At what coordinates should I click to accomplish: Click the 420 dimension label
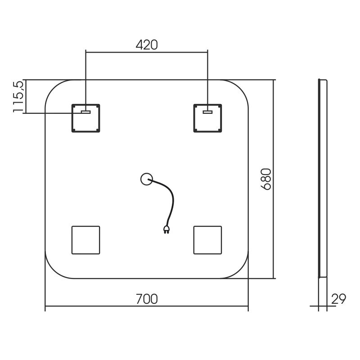point(147,45)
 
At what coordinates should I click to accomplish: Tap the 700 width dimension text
point(147,299)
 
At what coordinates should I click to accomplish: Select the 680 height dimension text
point(266,179)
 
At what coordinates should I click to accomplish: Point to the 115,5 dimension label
point(18,96)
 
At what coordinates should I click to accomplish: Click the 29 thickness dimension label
point(338,299)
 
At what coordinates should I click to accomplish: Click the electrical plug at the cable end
point(166,229)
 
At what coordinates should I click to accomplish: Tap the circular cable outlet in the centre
point(147,179)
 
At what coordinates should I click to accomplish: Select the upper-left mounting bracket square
point(85,118)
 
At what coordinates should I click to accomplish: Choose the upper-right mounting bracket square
point(207,118)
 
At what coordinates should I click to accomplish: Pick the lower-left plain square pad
point(85,240)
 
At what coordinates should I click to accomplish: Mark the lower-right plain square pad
point(207,240)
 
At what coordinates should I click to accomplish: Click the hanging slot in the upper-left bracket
point(85,112)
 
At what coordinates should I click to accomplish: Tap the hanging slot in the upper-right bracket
point(207,112)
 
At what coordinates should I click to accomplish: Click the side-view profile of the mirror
point(323,179)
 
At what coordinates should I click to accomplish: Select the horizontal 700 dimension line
point(147,306)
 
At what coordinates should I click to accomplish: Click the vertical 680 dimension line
point(274,179)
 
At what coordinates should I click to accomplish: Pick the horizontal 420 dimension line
point(147,52)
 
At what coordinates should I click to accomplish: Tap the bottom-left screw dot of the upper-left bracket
point(74,130)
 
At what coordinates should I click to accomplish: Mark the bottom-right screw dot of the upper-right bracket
point(220,130)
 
